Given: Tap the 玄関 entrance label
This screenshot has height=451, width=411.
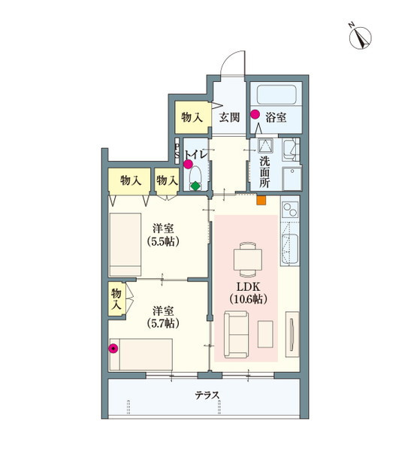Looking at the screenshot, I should (x=229, y=117).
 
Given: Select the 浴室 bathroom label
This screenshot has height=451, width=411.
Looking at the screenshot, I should (x=276, y=117).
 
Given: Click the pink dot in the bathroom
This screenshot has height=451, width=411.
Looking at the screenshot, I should (x=255, y=115).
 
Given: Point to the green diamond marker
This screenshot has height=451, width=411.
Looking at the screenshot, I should (x=195, y=186).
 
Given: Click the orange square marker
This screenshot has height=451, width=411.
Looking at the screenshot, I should (x=261, y=200).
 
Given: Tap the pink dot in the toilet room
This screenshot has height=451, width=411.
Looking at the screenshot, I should (x=188, y=165).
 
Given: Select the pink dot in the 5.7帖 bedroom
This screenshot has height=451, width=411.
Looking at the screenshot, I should (x=113, y=348).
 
